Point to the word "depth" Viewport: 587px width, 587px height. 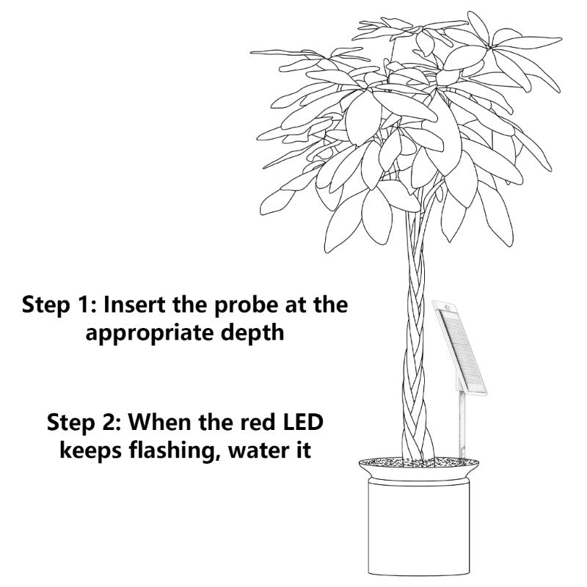click(x=252, y=332)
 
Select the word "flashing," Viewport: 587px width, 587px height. click(x=174, y=451)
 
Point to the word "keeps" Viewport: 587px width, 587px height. click(x=90, y=451)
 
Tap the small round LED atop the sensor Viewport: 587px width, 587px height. click(x=445, y=307)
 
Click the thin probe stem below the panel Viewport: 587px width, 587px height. click(x=462, y=425)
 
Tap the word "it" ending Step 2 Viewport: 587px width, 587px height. click(x=305, y=450)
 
